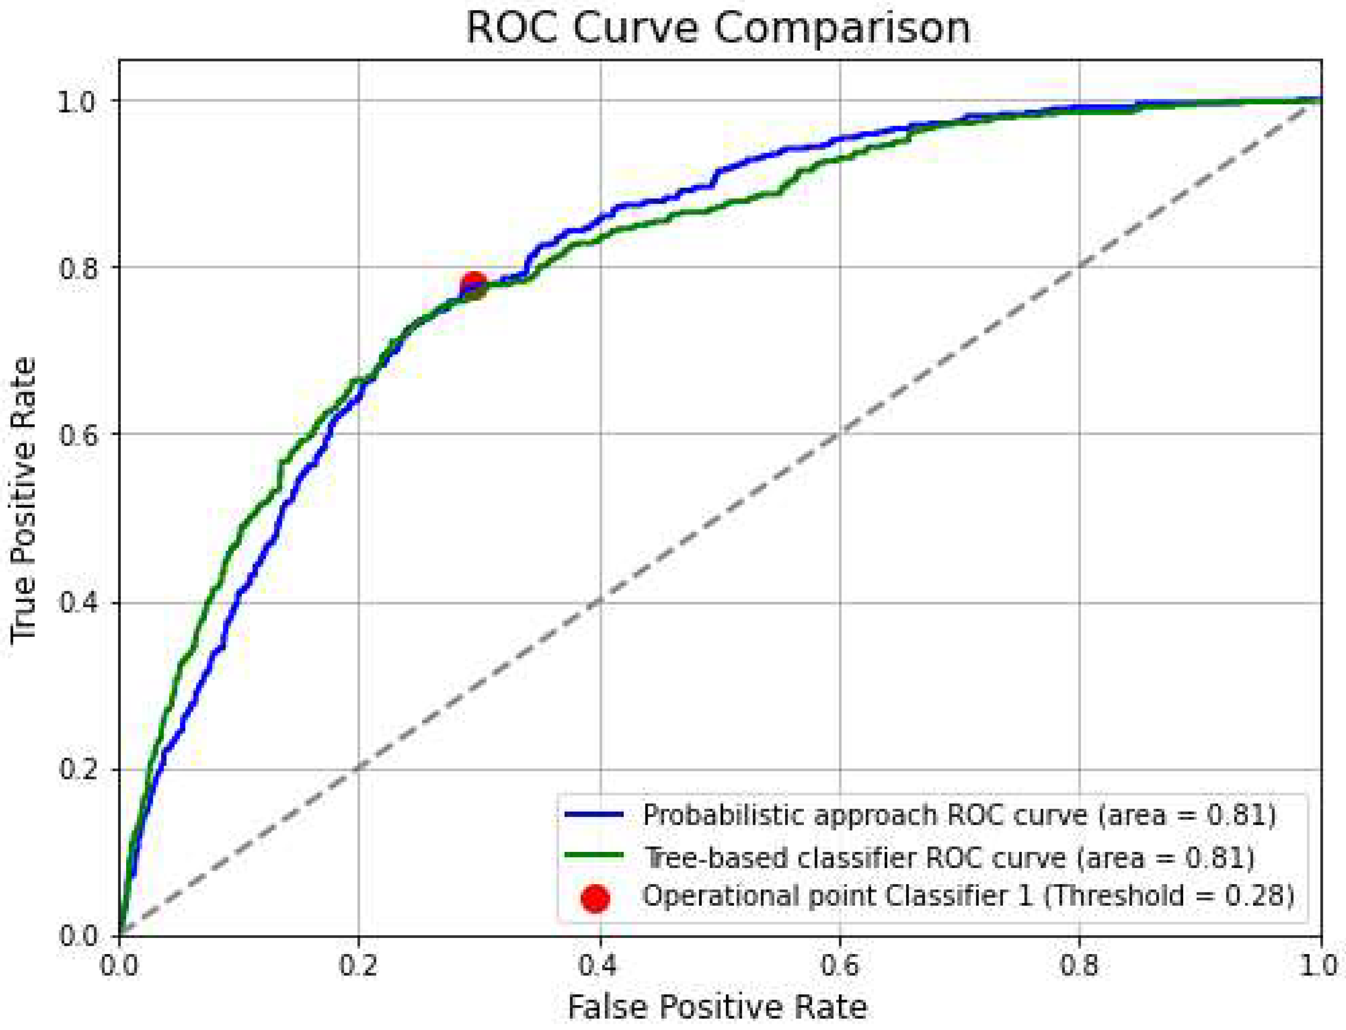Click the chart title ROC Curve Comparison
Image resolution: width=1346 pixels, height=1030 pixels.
point(718,27)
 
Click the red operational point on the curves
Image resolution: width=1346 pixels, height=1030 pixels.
point(473,285)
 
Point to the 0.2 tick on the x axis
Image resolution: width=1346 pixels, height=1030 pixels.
point(358,965)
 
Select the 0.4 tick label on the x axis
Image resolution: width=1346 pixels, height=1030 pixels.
point(599,965)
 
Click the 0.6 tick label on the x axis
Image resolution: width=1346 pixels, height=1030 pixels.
point(840,965)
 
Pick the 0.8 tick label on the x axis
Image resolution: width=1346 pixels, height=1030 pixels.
point(1080,965)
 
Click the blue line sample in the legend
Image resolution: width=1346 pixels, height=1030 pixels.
point(593,815)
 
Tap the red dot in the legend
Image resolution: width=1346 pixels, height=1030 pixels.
point(594,898)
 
